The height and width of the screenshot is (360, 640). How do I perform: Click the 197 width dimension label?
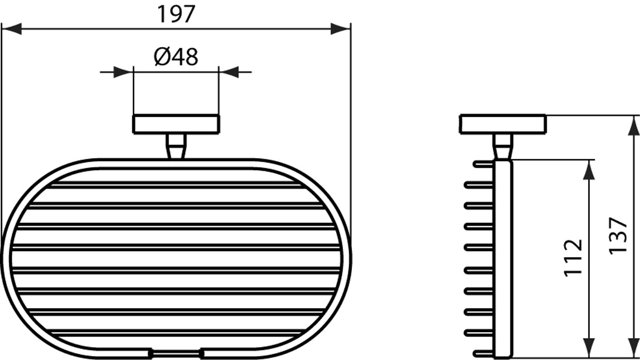click(177, 14)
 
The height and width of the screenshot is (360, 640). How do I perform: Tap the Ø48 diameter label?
click(175, 57)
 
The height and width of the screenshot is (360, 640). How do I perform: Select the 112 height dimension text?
click(573, 258)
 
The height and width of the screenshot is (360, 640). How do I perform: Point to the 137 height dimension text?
click(618, 236)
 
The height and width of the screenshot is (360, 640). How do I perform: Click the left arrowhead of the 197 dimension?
click(11, 29)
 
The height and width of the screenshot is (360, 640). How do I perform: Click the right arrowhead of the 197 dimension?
click(341, 29)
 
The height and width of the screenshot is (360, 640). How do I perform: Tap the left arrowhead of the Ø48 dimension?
click(123, 72)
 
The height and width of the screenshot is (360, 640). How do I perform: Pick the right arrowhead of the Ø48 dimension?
click(229, 72)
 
